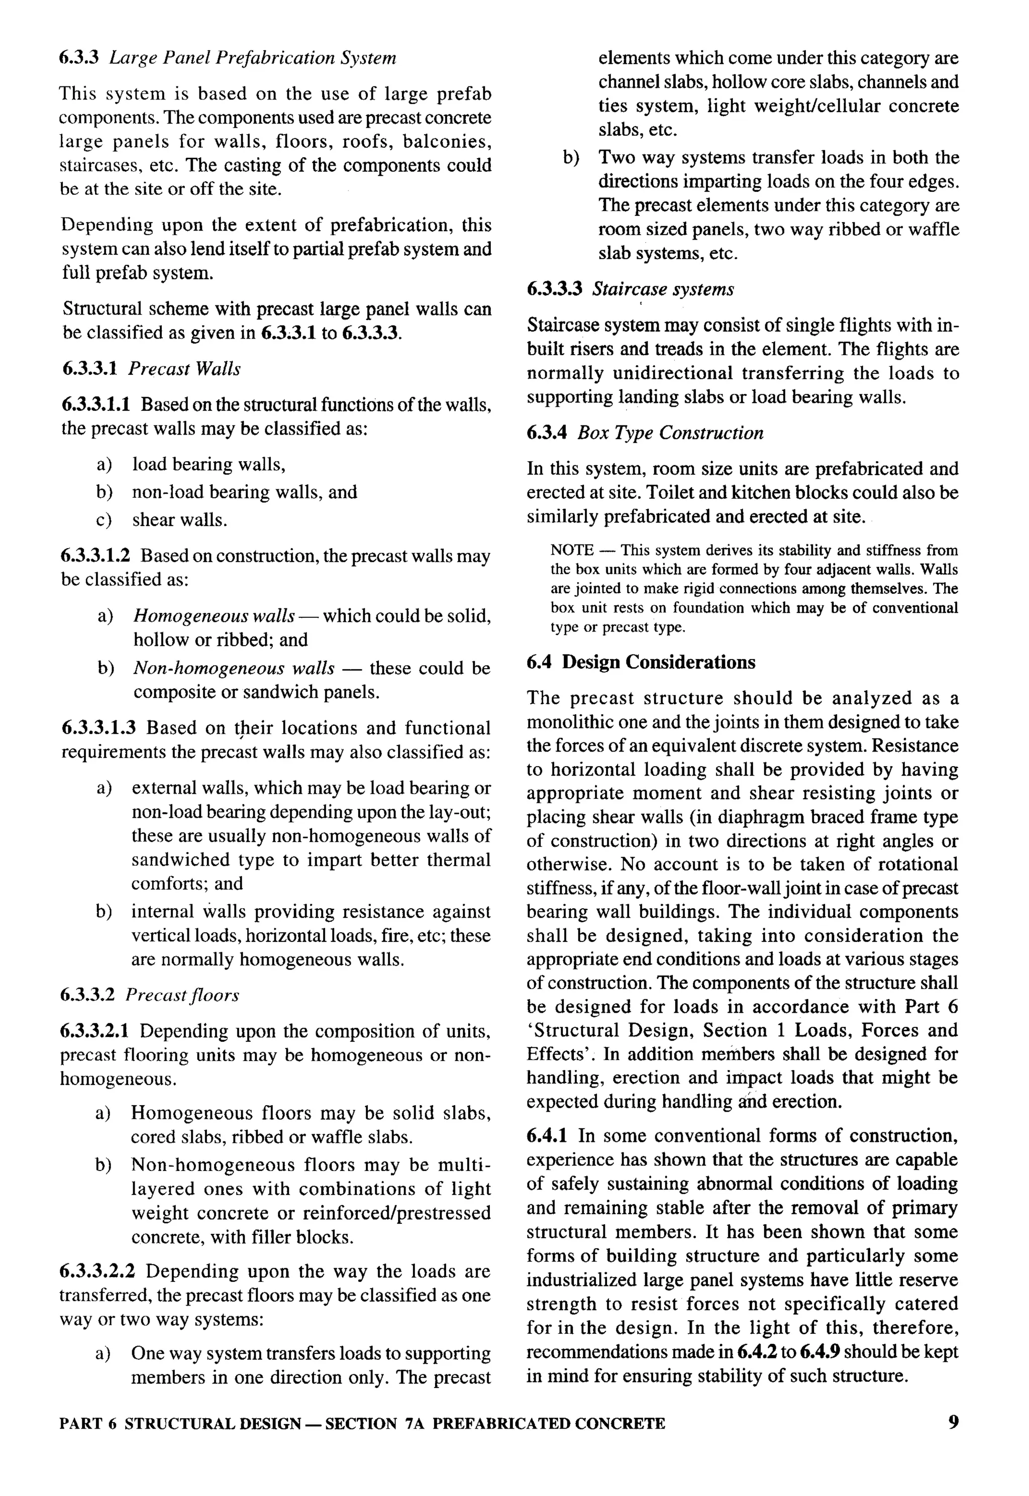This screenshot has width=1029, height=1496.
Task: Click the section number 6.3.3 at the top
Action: point(79,58)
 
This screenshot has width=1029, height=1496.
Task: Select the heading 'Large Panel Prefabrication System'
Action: point(253,58)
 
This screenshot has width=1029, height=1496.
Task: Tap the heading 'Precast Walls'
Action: point(184,369)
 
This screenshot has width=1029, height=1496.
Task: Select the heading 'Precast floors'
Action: point(182,995)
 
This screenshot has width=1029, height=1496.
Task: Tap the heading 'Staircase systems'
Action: point(663,289)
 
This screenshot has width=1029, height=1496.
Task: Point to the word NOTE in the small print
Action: point(571,550)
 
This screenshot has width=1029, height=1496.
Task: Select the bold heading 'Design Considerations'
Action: point(658,662)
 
